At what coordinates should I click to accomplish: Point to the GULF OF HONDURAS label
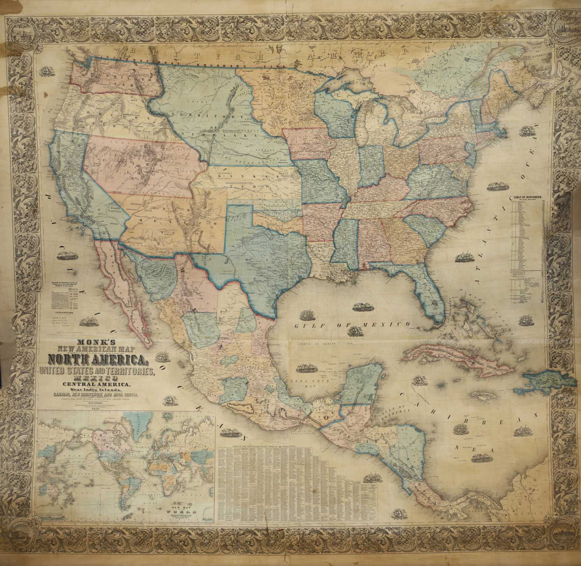pyautogui.click(x=403, y=412)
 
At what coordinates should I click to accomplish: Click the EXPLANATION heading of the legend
pyautogui.click(x=62, y=313)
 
